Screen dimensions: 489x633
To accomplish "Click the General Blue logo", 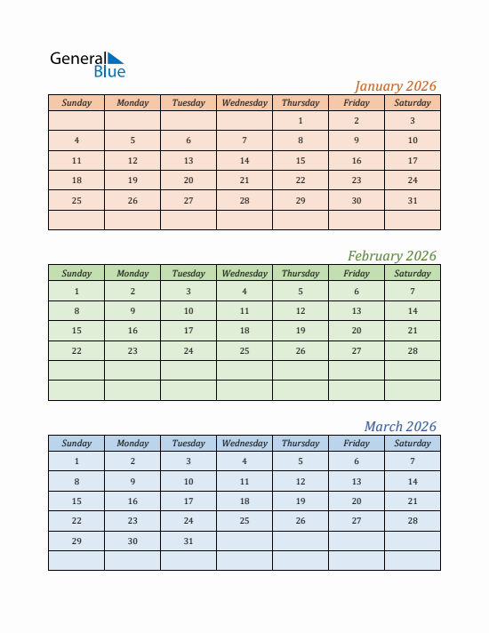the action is pyautogui.click(x=88, y=64).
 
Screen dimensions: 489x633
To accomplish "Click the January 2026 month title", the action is pyautogui.click(x=396, y=86).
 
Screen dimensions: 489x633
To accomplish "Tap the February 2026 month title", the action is pyautogui.click(x=392, y=256).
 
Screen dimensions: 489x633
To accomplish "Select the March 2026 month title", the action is pyautogui.click(x=400, y=427).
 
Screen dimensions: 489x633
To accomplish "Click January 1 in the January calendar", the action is pyautogui.click(x=301, y=121).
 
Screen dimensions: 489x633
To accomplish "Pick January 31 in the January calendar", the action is pyautogui.click(x=413, y=201).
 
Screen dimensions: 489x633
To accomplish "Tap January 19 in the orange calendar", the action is pyautogui.click(x=132, y=180).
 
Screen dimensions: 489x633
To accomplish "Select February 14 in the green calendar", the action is pyautogui.click(x=413, y=311).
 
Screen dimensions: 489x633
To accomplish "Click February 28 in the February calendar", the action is pyautogui.click(x=413, y=351).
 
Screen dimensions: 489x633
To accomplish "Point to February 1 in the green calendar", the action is pyautogui.click(x=76, y=292).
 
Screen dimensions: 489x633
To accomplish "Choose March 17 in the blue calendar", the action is pyautogui.click(x=188, y=501).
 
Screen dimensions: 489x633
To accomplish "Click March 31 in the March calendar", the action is pyautogui.click(x=188, y=541).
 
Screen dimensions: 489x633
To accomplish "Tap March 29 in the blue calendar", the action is pyautogui.click(x=76, y=541).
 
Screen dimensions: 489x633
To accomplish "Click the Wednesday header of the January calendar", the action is pyautogui.click(x=244, y=103).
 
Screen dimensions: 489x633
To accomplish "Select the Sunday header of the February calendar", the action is pyautogui.click(x=76, y=274).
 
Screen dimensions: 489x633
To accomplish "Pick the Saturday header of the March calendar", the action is pyautogui.click(x=413, y=444).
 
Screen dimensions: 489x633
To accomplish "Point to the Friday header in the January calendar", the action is pyautogui.click(x=357, y=103).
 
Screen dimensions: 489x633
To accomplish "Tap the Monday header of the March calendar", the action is pyautogui.click(x=132, y=444).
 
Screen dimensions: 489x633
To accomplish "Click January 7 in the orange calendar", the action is pyautogui.click(x=244, y=140).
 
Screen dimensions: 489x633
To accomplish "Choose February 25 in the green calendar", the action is pyautogui.click(x=244, y=351).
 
